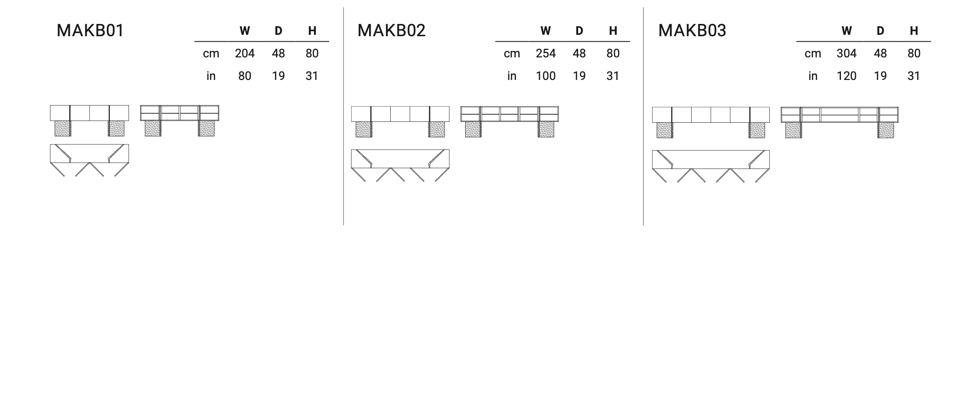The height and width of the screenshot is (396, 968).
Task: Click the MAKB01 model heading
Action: click(90, 31)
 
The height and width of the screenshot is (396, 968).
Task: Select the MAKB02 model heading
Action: click(391, 31)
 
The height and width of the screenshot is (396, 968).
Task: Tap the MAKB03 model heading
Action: click(692, 31)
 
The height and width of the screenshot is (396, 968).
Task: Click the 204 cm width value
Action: click(245, 54)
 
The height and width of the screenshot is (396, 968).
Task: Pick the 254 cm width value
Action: click(546, 54)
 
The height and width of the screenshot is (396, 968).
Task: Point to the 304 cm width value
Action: click(847, 54)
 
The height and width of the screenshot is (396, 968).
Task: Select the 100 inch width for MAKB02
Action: click(546, 76)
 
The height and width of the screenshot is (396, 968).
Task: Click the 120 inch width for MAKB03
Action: click(847, 76)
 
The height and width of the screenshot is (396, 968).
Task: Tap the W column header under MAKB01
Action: click(245, 31)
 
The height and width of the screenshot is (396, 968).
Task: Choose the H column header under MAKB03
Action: click(914, 31)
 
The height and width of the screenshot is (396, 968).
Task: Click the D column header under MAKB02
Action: click(579, 31)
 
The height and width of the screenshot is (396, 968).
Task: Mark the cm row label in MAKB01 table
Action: click(211, 54)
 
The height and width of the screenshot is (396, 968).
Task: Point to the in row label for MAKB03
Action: click(813, 76)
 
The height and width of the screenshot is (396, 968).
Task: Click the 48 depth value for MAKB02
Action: click(579, 54)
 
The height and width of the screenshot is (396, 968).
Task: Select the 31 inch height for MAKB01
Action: click(312, 76)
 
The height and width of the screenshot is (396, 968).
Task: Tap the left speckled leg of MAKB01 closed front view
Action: click(63, 128)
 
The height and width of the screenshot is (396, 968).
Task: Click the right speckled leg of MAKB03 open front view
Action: click(886, 130)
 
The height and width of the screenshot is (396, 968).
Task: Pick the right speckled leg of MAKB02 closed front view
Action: click(436, 129)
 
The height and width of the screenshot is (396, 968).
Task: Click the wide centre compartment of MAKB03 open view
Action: click(839, 115)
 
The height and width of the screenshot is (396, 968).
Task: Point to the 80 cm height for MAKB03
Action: click(914, 54)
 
